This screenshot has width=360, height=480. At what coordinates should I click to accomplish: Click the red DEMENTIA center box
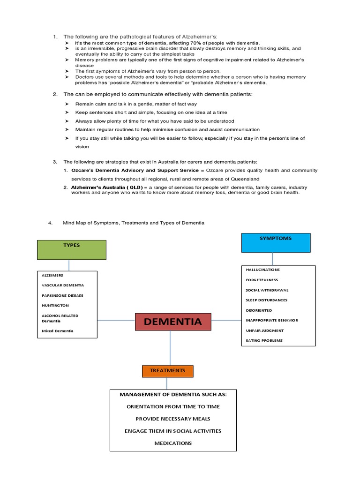pos(172,322)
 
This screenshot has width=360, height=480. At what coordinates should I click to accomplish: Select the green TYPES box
pos(72,250)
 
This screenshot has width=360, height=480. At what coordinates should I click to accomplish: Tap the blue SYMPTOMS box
pos(275,243)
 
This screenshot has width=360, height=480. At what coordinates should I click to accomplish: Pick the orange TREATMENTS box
pos(167,371)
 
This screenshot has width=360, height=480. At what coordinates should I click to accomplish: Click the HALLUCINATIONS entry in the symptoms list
pos(262,270)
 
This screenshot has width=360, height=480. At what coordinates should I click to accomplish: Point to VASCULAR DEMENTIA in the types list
pos(63,285)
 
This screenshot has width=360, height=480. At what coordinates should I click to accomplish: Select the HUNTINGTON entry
pos(55,305)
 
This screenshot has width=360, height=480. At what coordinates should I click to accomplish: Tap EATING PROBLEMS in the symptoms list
pos(264,341)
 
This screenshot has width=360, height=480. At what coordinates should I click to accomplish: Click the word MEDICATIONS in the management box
pos(173,443)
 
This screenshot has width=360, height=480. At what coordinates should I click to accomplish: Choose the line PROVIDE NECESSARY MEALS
pos(173,419)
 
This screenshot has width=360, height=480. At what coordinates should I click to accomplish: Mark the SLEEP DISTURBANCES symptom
pos(266,300)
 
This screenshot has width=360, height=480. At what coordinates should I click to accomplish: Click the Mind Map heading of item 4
pos(133,223)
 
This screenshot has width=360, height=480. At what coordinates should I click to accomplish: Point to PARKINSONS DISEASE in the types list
pos(63,295)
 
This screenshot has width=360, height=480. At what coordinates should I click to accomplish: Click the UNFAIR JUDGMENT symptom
pos(264,330)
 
